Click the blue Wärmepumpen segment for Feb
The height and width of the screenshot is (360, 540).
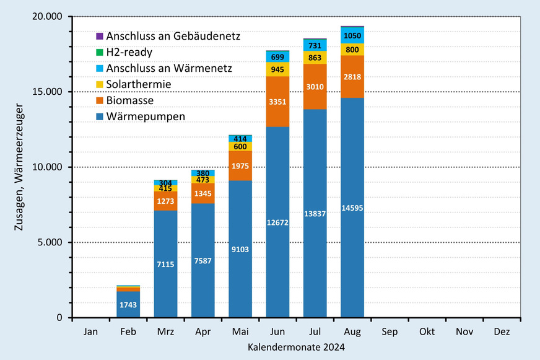(128, 304)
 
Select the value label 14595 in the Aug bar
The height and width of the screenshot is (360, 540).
(352, 208)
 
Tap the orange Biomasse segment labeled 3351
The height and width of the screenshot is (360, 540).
(277, 101)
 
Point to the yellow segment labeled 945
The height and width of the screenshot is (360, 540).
(277, 69)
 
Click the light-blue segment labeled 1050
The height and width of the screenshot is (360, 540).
(352, 35)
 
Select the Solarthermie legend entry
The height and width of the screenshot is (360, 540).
(138, 84)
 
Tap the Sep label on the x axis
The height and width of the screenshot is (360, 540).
(390, 331)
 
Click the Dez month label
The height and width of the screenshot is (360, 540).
(502, 331)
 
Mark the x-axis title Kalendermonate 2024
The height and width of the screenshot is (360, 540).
(296, 348)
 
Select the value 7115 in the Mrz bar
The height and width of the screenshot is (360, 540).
(165, 264)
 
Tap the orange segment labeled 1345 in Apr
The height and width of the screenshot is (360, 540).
(202, 193)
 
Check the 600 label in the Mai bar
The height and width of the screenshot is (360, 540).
(240, 146)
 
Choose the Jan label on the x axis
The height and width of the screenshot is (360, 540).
(90, 331)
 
